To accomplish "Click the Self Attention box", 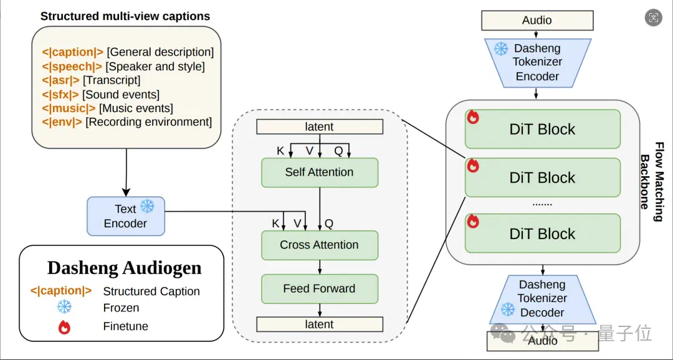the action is click(x=319, y=173).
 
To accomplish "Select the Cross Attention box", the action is click(x=319, y=245).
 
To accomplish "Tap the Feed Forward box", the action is click(x=319, y=289).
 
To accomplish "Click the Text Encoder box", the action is click(x=126, y=216).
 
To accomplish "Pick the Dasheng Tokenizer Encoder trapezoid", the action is click(x=537, y=62).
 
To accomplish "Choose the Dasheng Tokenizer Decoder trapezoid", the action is click(x=543, y=299).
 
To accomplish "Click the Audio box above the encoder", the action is click(x=537, y=21).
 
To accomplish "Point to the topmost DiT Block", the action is click(x=543, y=129).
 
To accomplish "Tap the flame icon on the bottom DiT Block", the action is click(x=473, y=221).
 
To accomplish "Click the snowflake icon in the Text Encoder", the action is click(x=147, y=206).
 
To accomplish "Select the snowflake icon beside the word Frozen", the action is click(x=64, y=307).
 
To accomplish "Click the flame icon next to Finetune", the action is click(x=64, y=327).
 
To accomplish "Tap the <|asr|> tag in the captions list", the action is click(x=60, y=80).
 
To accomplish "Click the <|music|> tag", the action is click(x=69, y=108).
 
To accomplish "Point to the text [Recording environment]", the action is click(x=148, y=122).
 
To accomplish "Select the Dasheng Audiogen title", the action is click(x=125, y=268).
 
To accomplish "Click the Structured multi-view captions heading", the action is click(x=125, y=17).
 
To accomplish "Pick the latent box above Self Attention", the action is click(x=319, y=127).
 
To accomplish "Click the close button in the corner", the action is click(x=653, y=17).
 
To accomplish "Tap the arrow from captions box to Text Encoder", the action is click(x=126, y=173).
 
